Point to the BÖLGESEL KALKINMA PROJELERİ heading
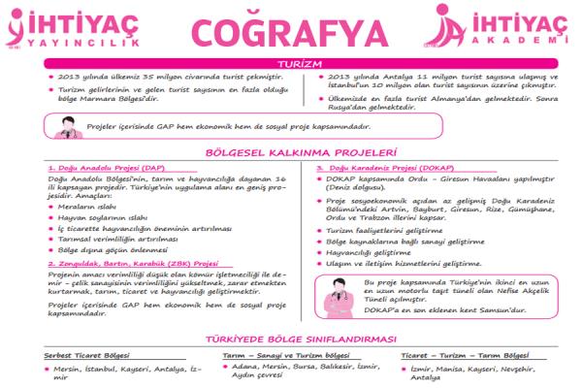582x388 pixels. tap(290, 152)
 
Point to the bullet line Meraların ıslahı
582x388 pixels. tap(89, 208)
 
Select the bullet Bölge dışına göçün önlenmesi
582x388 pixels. tap(112, 249)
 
